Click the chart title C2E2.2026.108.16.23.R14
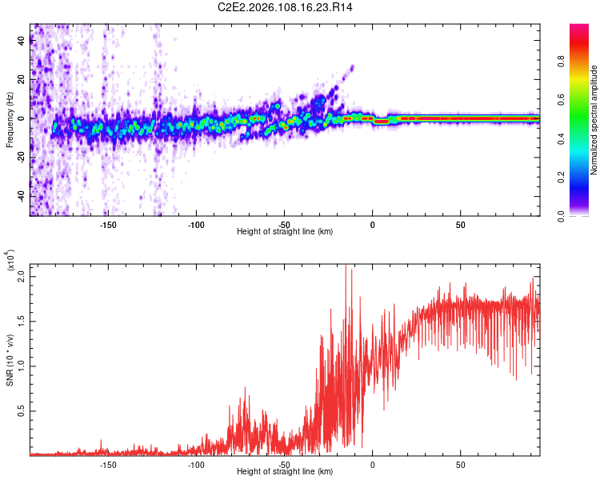[286, 7]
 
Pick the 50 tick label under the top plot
[461, 225]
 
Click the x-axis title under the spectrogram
[285, 232]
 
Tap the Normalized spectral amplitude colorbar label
[594, 120]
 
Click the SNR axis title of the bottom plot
[10, 359]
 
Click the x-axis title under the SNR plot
[285, 472]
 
